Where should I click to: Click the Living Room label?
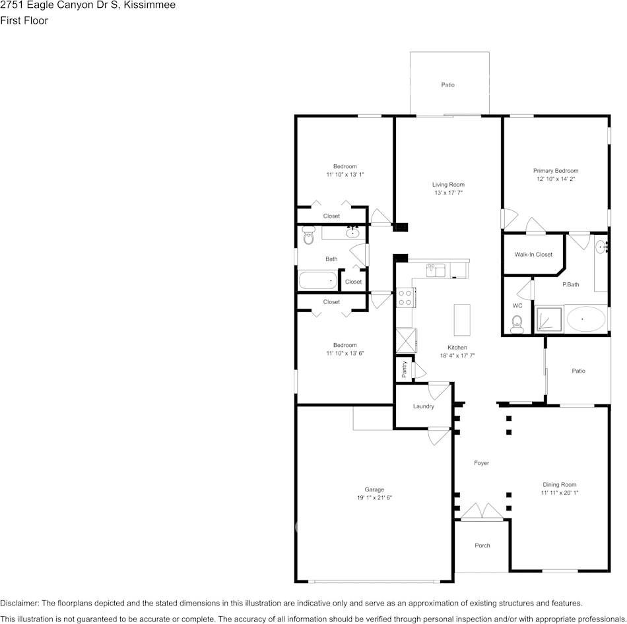pyautogui.click(x=448, y=185)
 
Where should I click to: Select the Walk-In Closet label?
pyautogui.click(x=533, y=255)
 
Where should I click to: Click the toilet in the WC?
pyautogui.click(x=517, y=322)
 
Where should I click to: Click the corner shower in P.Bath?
pyautogui.click(x=548, y=320)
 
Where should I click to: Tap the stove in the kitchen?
pyautogui.click(x=405, y=298)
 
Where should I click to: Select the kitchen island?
pyautogui.click(x=462, y=320)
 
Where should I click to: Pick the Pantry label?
pyautogui.click(x=404, y=369)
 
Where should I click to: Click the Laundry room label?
pyautogui.click(x=423, y=406)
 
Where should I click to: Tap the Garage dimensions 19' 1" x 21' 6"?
pyautogui.click(x=374, y=497)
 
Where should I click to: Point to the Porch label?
pyautogui.click(x=482, y=546)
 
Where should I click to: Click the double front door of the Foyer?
pyautogui.click(x=482, y=512)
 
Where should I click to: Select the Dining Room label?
pyautogui.click(x=559, y=485)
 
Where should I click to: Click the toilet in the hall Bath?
pyautogui.click(x=308, y=237)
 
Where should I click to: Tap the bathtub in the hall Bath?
pyautogui.click(x=317, y=281)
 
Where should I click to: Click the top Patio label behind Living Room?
pyautogui.click(x=448, y=84)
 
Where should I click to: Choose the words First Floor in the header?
pyautogui.click(x=24, y=20)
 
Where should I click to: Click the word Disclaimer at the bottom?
pyautogui.click(x=20, y=603)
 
